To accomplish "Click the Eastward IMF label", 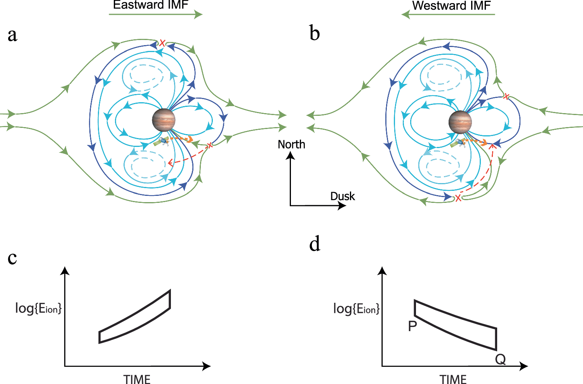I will [x=150, y=5].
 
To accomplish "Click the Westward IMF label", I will [x=451, y=5].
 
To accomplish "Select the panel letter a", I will [x=12, y=35].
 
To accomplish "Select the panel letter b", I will [x=315, y=33].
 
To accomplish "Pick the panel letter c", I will [x=12, y=258].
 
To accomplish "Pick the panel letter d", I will [x=315, y=244].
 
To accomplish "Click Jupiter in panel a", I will [x=164, y=120].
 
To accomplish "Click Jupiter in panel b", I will [x=460, y=122].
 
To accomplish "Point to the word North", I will [x=291, y=145].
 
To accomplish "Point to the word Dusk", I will [x=342, y=196].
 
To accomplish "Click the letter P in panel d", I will [x=412, y=326].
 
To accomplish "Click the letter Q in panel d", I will [x=500, y=360].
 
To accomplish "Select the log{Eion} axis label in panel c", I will [x=38, y=308].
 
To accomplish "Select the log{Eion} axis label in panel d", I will [x=356, y=309].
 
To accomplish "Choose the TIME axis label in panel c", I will [x=137, y=379].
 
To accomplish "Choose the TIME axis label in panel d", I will [x=453, y=379].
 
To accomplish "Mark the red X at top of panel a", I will [x=162, y=43].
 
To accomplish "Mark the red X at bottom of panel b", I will [x=458, y=198].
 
